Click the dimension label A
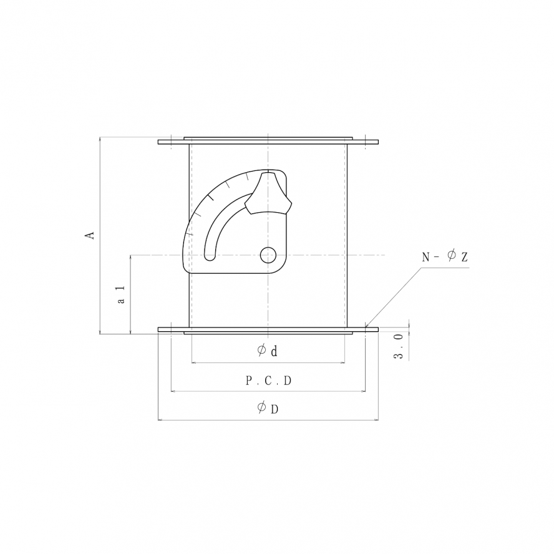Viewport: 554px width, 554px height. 90,236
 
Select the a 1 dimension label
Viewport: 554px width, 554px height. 121,295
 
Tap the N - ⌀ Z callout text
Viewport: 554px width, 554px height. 445,256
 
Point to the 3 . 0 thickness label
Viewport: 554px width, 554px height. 398,346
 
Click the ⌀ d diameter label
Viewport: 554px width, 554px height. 267,351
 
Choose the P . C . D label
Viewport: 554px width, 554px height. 268,381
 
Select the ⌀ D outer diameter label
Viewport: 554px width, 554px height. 268,408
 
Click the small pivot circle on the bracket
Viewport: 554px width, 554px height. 268,255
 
